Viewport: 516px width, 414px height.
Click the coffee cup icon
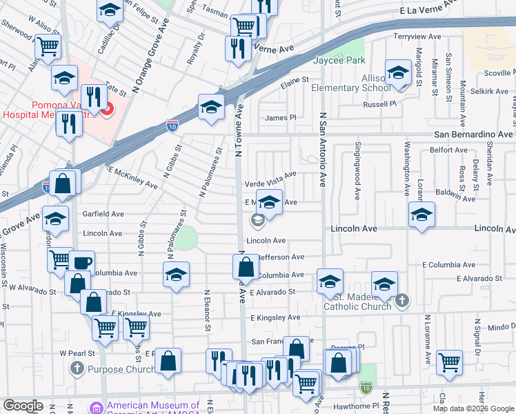[x=81, y=263]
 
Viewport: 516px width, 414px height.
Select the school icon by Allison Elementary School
[x=399, y=73]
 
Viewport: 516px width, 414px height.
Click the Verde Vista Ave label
[x=271, y=184]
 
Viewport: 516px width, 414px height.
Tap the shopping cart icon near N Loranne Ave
[x=449, y=361]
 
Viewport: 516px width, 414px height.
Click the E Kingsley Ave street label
[x=275, y=317]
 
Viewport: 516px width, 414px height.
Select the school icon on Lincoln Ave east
[x=421, y=215]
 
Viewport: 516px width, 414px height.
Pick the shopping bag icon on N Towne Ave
[x=246, y=266]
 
